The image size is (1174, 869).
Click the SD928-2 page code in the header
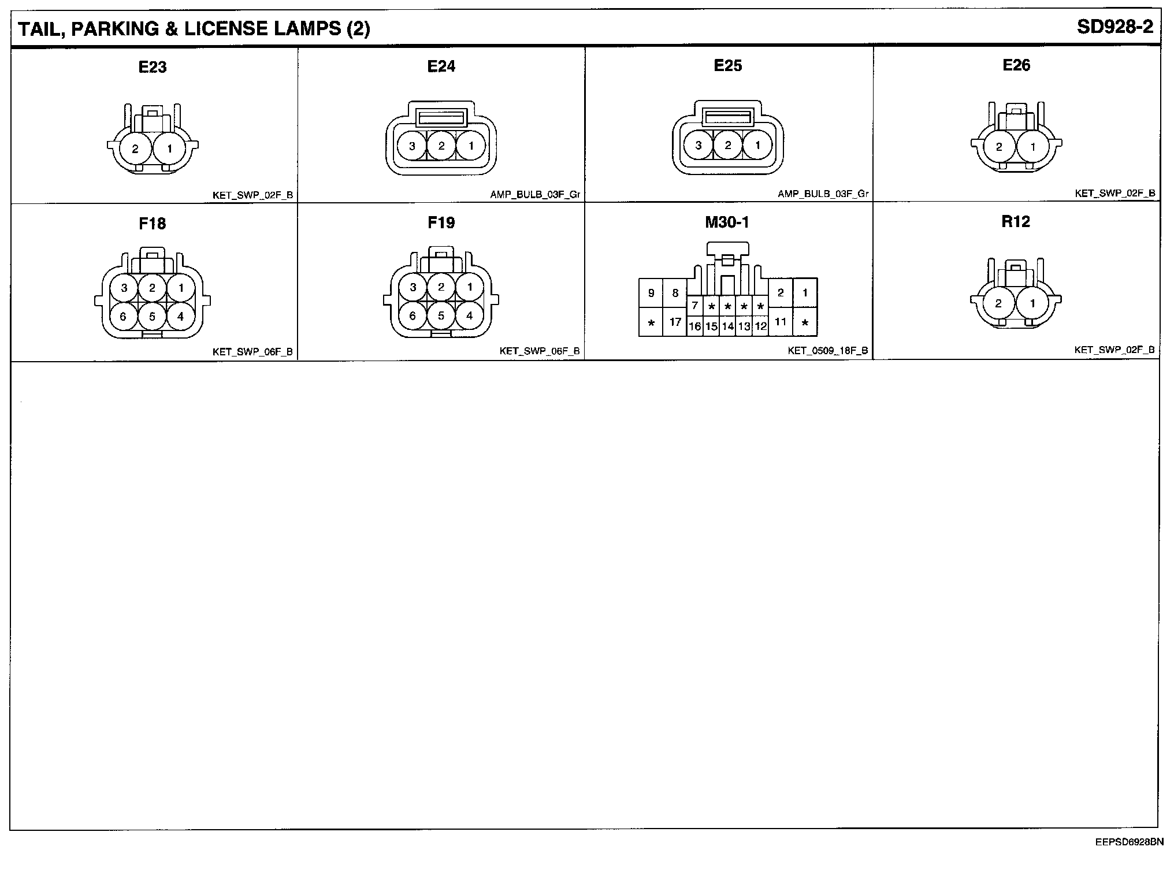(1114, 28)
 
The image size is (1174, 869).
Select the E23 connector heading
(153, 67)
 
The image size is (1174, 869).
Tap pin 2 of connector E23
(135, 149)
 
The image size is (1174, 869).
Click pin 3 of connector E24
(412, 146)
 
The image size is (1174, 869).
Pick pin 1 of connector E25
(757, 146)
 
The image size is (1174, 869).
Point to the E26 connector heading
(1016, 65)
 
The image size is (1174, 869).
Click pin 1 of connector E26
(1033, 147)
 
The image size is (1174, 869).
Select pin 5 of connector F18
(152, 317)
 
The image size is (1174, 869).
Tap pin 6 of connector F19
(413, 316)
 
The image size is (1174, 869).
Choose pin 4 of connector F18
(181, 316)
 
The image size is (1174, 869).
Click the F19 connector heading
(441, 223)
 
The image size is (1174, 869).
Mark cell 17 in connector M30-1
(675, 322)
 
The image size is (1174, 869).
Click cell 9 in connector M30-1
(651, 293)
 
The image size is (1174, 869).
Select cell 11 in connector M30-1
(781, 322)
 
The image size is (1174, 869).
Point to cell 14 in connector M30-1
(728, 326)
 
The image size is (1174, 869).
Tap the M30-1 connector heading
(727, 222)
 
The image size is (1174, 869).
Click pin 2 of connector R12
(998, 303)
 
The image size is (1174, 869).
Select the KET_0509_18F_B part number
(827, 351)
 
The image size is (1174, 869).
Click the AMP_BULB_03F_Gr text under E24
(535, 195)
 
